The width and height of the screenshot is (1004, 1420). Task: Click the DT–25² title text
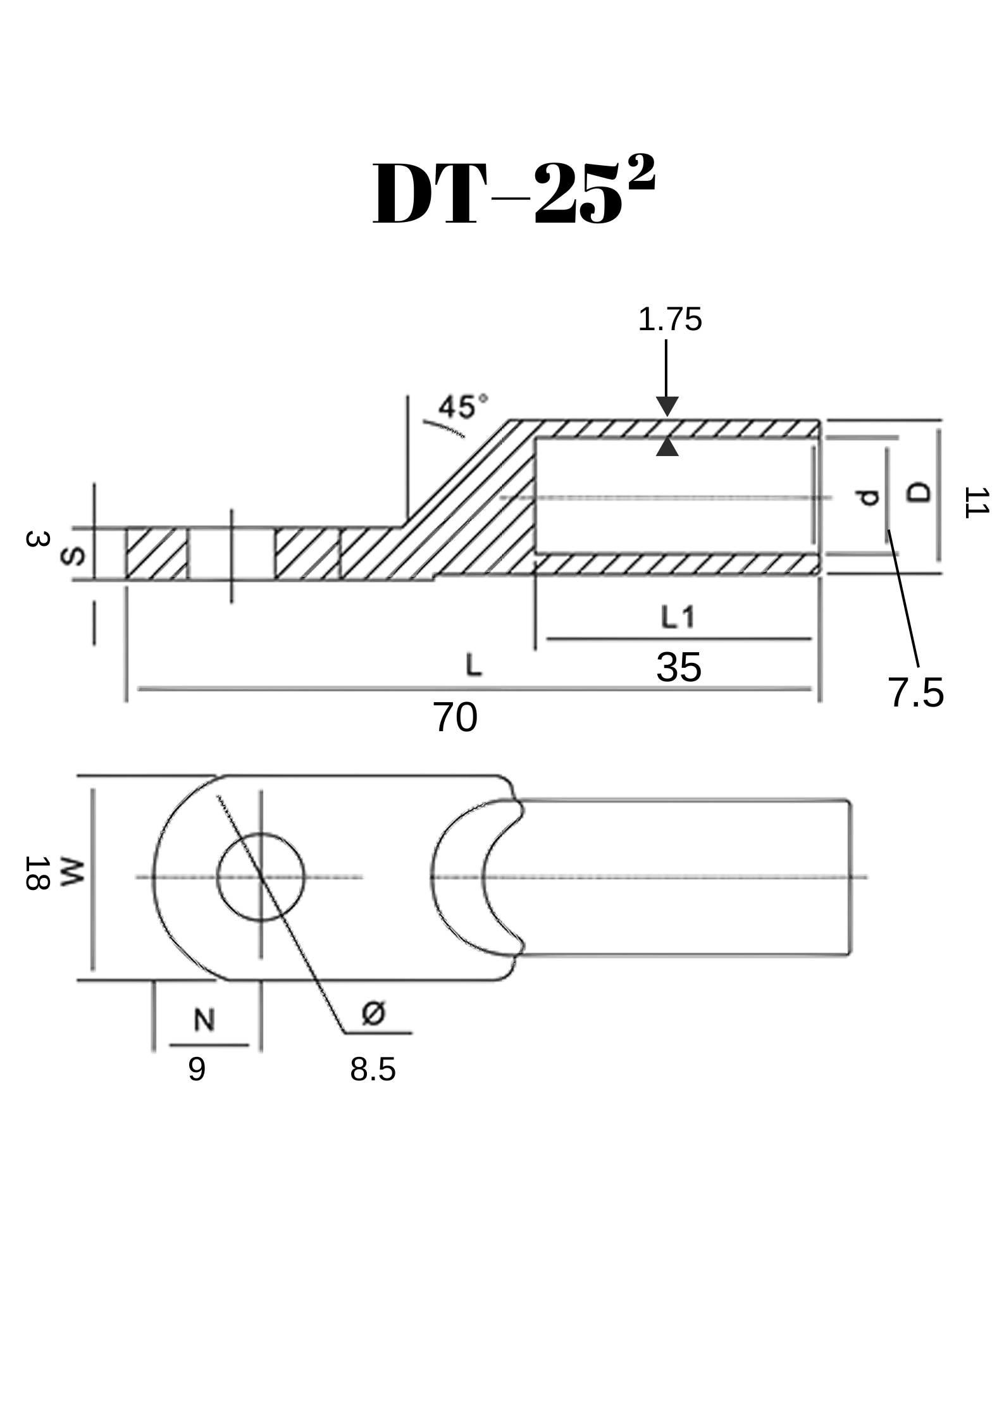coord(514,193)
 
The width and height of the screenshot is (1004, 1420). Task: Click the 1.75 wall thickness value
coord(669,320)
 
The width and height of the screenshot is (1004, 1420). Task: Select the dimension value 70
coord(455,718)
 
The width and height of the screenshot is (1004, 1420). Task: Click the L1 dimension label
coord(678,617)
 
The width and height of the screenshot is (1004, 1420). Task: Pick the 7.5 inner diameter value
coord(915,693)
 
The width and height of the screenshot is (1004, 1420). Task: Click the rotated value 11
coord(975,503)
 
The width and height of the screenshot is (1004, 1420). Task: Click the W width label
coord(71,873)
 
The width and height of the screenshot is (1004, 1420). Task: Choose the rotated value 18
coord(37,874)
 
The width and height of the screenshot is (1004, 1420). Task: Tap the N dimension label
coord(204,1020)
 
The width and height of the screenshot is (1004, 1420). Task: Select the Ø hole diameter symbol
coord(373,1014)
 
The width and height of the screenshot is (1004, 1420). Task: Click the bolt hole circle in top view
coord(261,877)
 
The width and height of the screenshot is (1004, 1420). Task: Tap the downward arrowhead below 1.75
coord(667,407)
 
